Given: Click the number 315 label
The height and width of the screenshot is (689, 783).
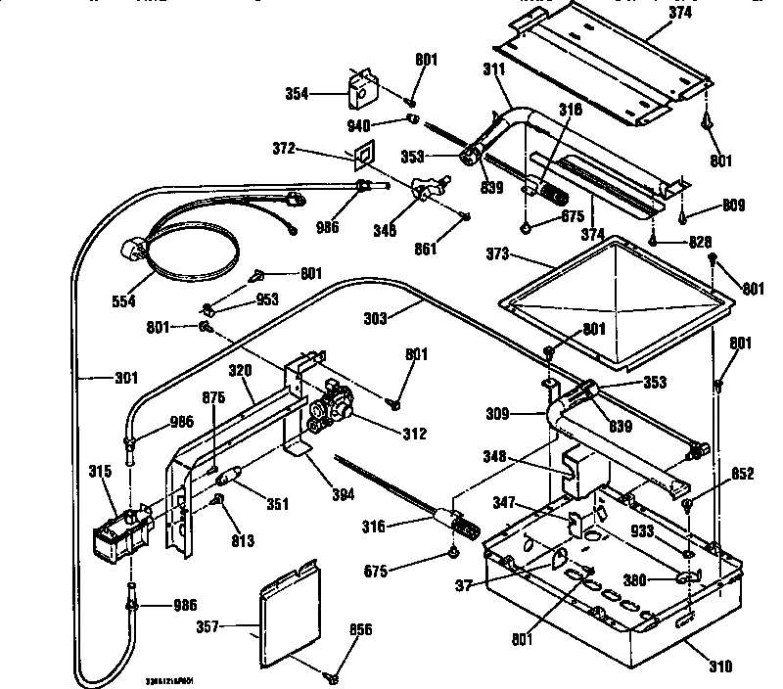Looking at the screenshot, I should [100, 473].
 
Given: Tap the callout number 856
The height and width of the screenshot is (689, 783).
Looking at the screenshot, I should [361, 630].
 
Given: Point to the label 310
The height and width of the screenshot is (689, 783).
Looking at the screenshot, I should [719, 668].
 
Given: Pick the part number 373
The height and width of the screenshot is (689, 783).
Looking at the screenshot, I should [499, 254].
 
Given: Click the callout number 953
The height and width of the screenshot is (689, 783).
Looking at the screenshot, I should [239, 300].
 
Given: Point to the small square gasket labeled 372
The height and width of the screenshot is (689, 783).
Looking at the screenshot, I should [363, 153].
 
